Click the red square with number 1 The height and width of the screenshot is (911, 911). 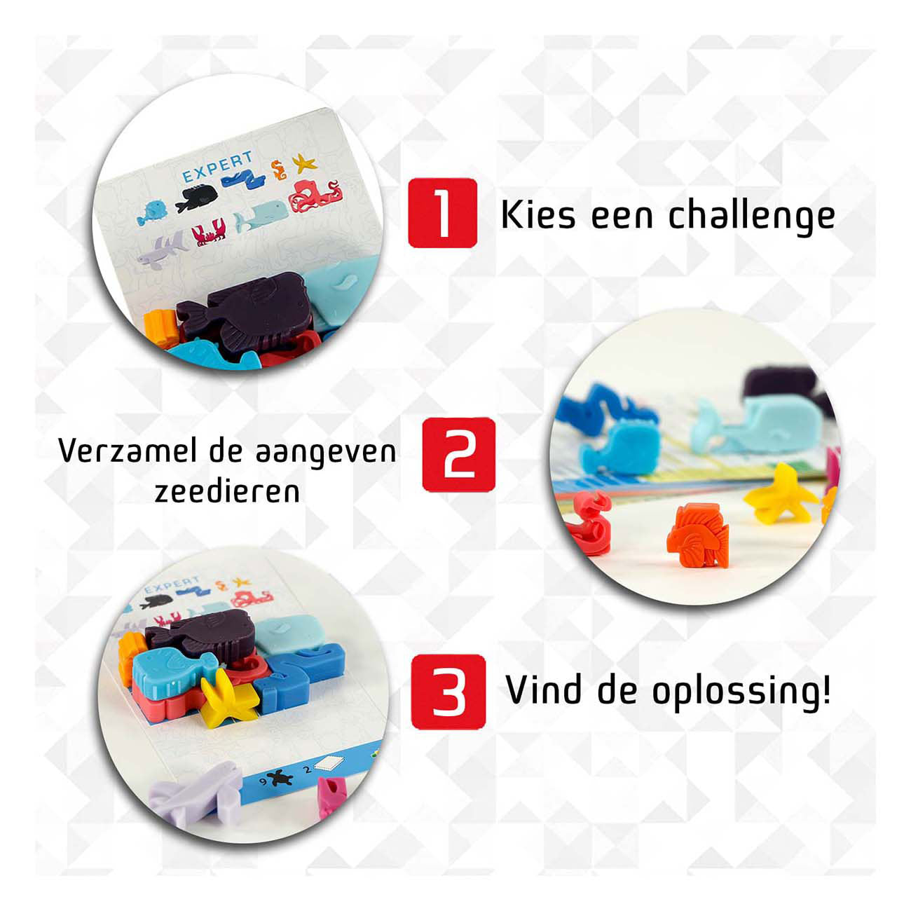[442, 213]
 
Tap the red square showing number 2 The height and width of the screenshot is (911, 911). [458, 455]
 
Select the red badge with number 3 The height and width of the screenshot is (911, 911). [448, 692]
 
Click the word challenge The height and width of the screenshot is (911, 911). [751, 215]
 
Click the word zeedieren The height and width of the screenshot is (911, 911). [227, 491]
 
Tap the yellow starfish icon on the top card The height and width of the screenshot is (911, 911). [304, 164]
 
